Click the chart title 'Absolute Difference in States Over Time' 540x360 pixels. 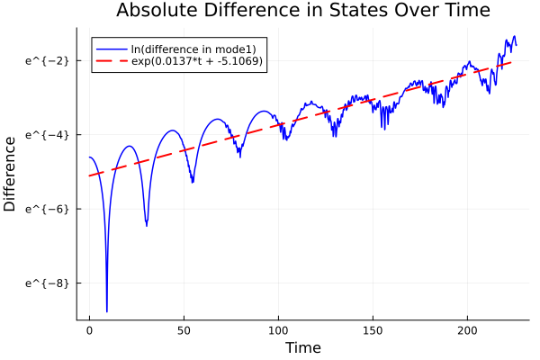[x=302, y=12]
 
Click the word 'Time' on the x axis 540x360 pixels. [x=302, y=347]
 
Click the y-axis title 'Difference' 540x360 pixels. [x=11, y=174]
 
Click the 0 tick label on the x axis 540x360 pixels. [x=89, y=330]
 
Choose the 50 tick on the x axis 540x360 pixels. [x=184, y=330]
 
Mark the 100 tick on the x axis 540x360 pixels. [x=278, y=330]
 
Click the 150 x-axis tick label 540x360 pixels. [x=373, y=330]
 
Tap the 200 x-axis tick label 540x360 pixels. [x=467, y=330]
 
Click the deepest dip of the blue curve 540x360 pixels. [x=107, y=311]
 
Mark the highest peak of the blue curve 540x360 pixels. [x=514, y=36]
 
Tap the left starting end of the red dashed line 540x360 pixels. [x=89, y=175]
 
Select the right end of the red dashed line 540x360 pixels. [x=512, y=62]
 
